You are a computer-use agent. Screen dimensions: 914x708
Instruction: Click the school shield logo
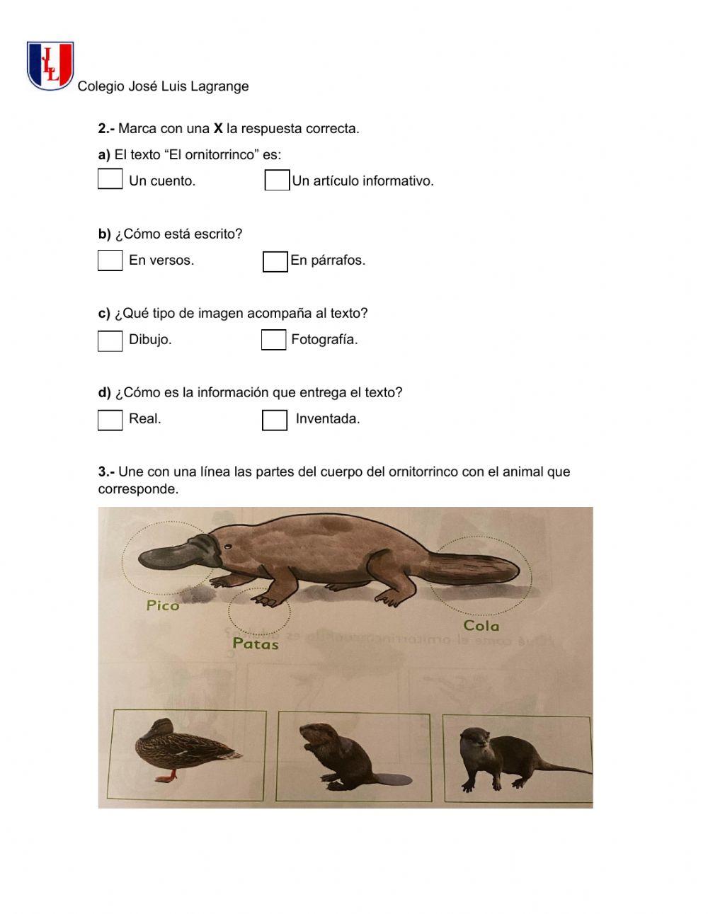50,65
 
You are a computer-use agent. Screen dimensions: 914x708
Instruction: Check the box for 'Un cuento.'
110,179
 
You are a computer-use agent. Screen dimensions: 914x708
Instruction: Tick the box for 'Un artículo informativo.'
277,181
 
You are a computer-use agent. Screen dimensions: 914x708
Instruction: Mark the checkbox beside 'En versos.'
110,261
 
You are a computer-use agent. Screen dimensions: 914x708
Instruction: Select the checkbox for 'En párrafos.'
275,261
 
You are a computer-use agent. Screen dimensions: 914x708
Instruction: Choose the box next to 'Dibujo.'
110,341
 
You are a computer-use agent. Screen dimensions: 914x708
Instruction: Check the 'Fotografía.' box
273,340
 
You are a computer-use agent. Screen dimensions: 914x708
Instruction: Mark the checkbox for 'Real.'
110,420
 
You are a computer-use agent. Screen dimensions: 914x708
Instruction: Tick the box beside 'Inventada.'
274,420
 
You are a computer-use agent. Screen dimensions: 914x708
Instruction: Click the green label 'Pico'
163,605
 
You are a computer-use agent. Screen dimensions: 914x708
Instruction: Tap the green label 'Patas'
256,644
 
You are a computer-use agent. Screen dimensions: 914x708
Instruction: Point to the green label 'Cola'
481,626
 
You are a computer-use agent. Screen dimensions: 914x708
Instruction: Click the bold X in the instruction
218,129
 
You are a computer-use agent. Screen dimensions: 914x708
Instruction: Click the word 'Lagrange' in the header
219,86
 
